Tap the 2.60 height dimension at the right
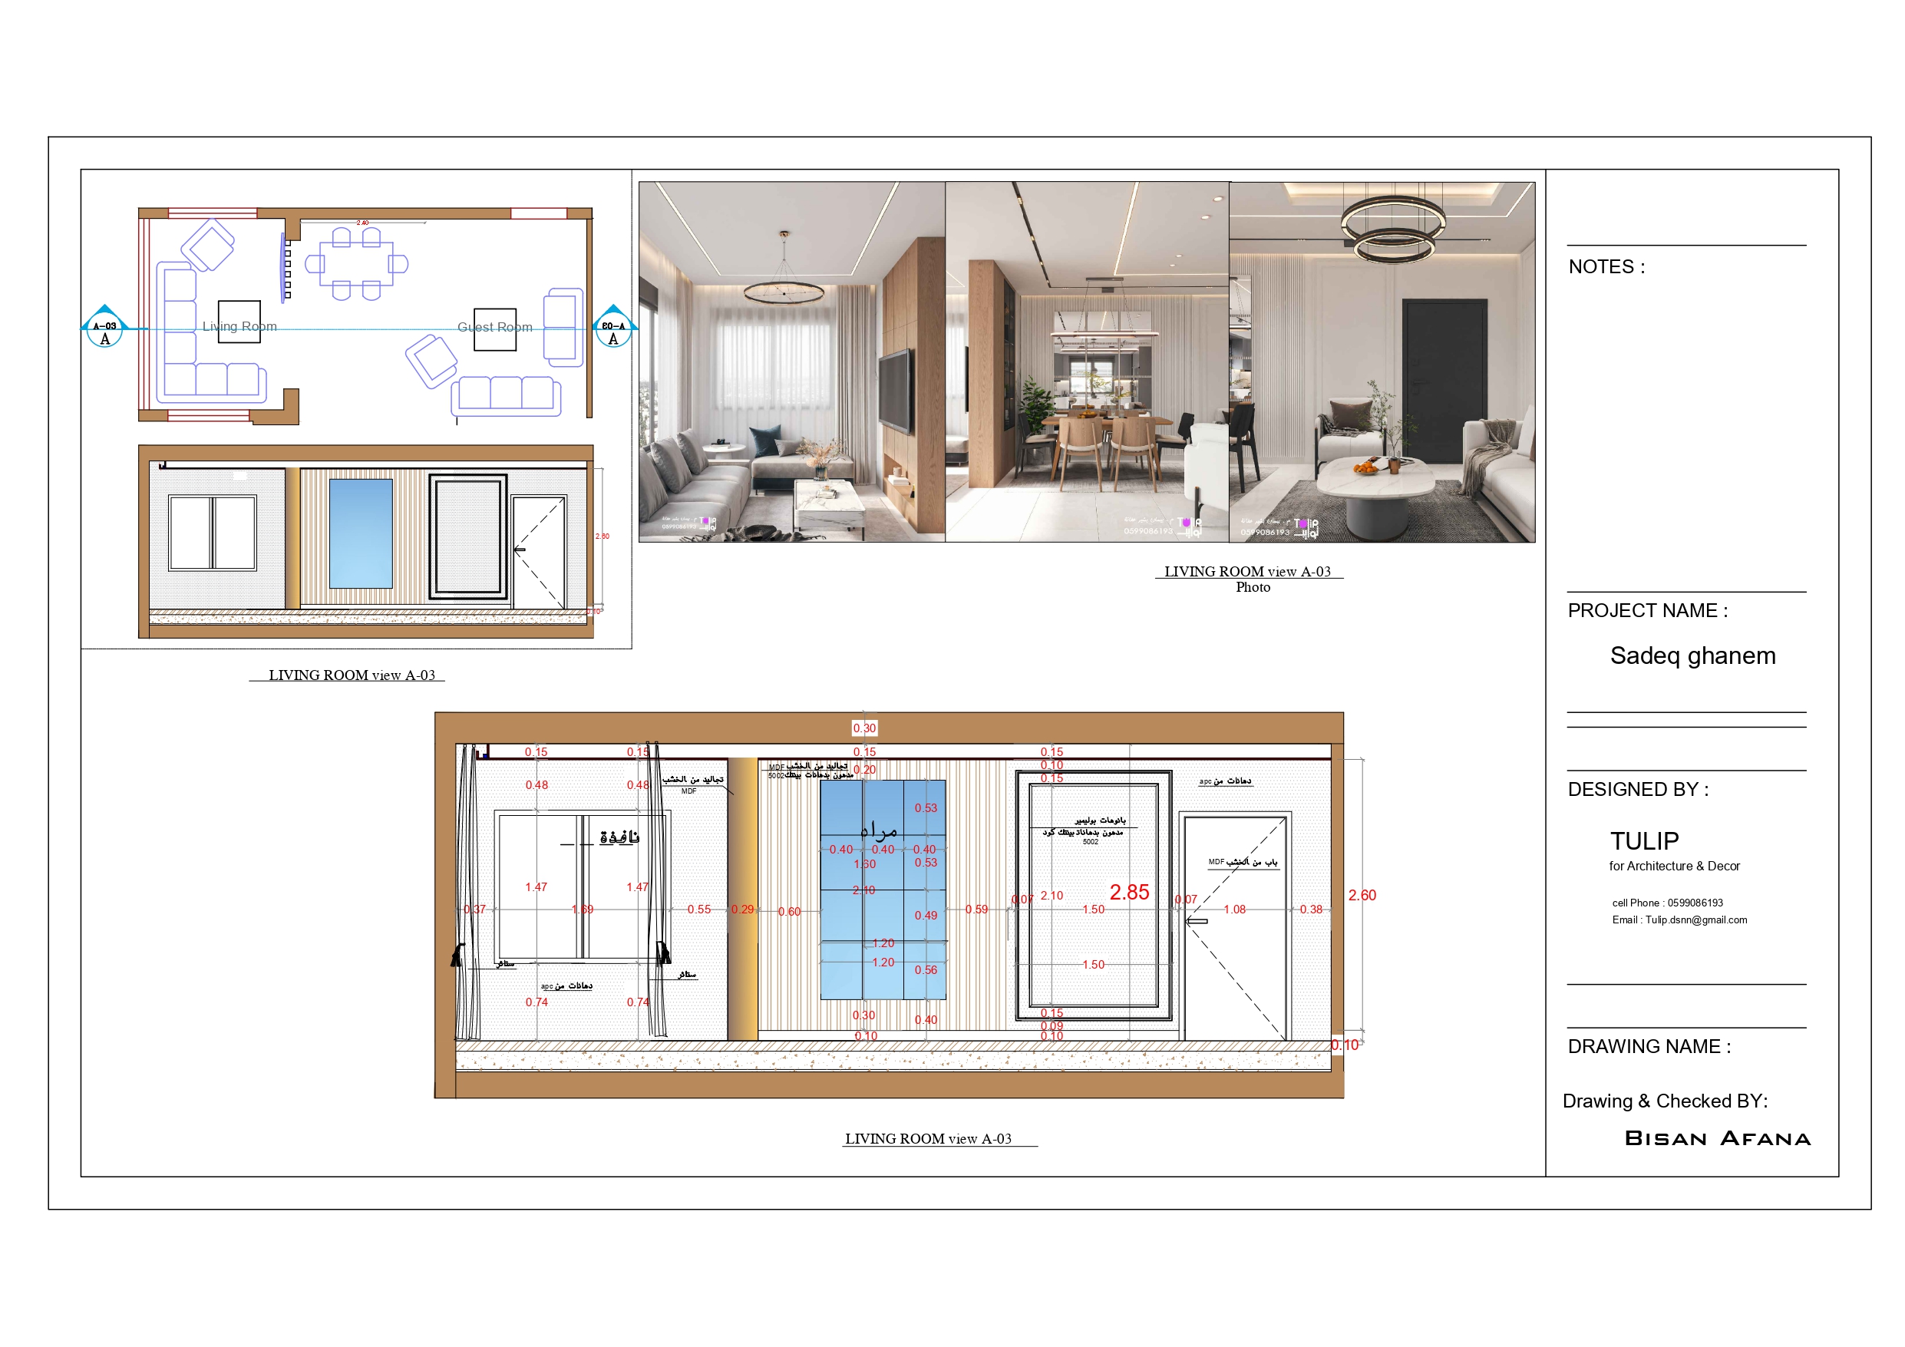[x=1362, y=895]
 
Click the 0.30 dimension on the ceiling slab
[x=863, y=728]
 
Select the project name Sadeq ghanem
[x=1692, y=655]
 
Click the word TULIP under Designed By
[x=1643, y=840]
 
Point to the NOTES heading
[x=1606, y=266]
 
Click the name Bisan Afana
[x=1717, y=1138]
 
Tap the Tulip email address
[x=1679, y=919]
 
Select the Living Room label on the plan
[x=239, y=326]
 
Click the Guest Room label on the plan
[x=494, y=327]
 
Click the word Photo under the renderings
[x=1252, y=587]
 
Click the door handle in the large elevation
[x=1196, y=920]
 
